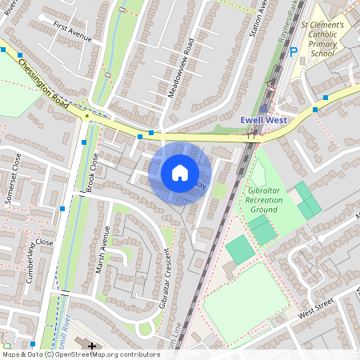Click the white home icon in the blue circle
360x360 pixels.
tap(180, 172)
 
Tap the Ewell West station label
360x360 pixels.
tap(264, 121)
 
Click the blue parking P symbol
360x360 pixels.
tap(294, 50)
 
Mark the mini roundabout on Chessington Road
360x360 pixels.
tap(86, 115)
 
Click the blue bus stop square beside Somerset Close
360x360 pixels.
tap(62, 209)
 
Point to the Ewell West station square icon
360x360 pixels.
tap(264, 108)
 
